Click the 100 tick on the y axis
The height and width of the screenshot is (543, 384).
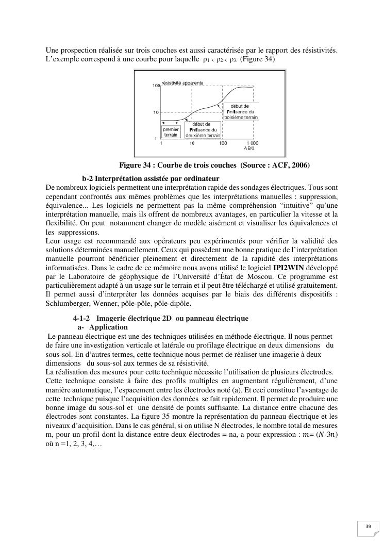[x=155, y=85]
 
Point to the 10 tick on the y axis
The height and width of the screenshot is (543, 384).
[x=156, y=112]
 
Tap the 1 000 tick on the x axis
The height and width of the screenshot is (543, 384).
[x=252, y=143]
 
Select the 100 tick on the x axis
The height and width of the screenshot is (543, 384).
[x=223, y=143]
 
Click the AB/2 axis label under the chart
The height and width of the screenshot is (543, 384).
[x=249, y=149]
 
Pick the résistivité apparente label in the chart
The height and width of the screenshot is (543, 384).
[x=182, y=83]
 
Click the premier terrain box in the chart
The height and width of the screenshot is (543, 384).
[x=171, y=132]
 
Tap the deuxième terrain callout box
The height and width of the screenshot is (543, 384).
[x=203, y=130]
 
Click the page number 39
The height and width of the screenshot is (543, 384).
[x=368, y=526]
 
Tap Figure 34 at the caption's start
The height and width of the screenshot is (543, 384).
[x=137, y=165]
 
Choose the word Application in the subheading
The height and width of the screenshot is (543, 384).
[x=108, y=327]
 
